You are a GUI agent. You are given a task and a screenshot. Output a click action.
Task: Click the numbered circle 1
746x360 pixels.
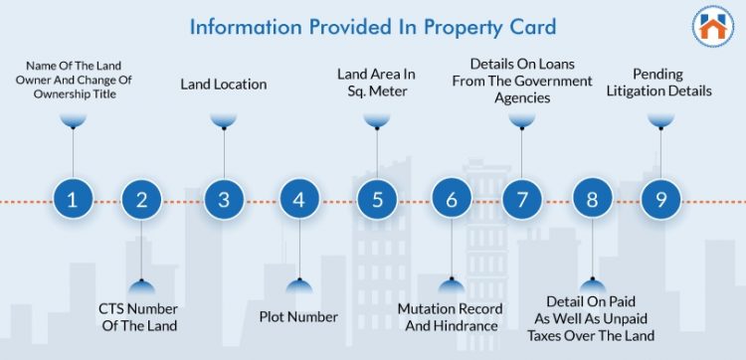72,199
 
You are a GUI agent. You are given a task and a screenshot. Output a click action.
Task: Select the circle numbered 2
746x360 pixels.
141,199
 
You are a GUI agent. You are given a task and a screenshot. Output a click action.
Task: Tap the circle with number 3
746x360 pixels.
224,199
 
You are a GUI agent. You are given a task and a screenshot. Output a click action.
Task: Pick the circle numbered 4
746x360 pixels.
298,199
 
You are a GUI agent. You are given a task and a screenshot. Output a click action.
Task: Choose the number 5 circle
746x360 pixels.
377,199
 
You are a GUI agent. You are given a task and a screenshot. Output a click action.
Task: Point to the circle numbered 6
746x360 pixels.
452,199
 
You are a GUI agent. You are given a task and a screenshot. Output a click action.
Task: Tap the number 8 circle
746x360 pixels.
592,199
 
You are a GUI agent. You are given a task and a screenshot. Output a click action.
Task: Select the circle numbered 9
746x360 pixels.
658,199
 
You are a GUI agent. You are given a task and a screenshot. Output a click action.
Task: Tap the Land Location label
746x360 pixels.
224,85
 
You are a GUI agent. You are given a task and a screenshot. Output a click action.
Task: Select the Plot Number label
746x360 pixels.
298,317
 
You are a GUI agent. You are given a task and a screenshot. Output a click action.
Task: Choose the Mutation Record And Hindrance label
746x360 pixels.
450,317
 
